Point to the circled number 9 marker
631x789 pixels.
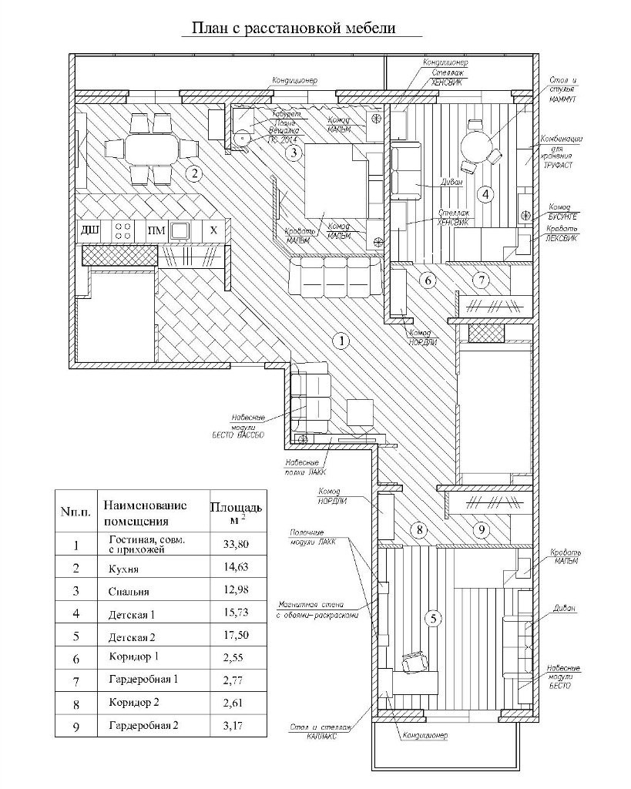coord(479,530)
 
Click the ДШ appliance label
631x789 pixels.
coord(90,230)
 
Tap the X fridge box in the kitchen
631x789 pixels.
coord(214,230)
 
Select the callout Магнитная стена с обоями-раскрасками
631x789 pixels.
coord(317,609)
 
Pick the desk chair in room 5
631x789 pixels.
coord(415,660)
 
